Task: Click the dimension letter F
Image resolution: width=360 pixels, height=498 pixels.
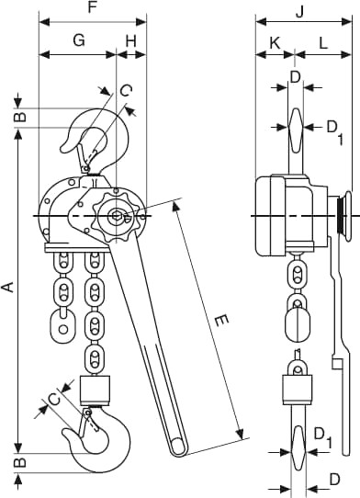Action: point(92,7)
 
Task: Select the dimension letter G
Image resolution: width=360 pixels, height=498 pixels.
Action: point(79,40)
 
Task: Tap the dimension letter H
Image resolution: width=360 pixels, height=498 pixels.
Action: point(131,41)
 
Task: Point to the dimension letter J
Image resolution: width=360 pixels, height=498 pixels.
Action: point(300,11)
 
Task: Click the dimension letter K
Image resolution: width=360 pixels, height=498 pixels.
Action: point(276,43)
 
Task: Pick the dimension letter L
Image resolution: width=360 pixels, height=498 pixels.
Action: point(323,43)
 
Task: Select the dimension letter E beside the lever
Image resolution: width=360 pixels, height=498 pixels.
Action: point(221,321)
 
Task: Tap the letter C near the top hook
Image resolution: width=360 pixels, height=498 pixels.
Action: point(126,91)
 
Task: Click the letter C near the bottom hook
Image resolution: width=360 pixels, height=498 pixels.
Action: point(55,399)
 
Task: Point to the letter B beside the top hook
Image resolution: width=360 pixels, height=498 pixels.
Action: point(19,117)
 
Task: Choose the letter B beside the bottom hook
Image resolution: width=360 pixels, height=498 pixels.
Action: point(19,462)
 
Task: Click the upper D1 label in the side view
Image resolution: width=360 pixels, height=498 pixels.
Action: point(334,131)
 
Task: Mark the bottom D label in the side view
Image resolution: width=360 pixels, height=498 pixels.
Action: point(334,480)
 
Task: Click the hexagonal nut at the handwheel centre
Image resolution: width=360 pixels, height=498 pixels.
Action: point(116,216)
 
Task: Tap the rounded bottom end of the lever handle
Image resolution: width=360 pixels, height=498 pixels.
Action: point(178,447)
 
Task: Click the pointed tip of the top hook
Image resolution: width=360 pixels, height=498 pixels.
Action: point(62,151)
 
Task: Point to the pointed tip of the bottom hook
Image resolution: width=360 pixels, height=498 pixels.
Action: point(64,431)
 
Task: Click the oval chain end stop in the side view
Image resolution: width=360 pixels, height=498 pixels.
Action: point(298,324)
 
